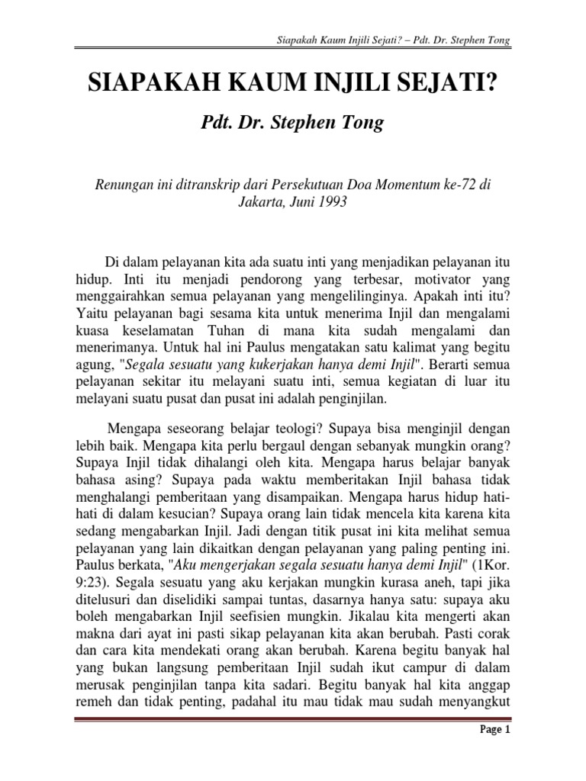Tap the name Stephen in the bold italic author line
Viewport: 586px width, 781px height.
(298, 121)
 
